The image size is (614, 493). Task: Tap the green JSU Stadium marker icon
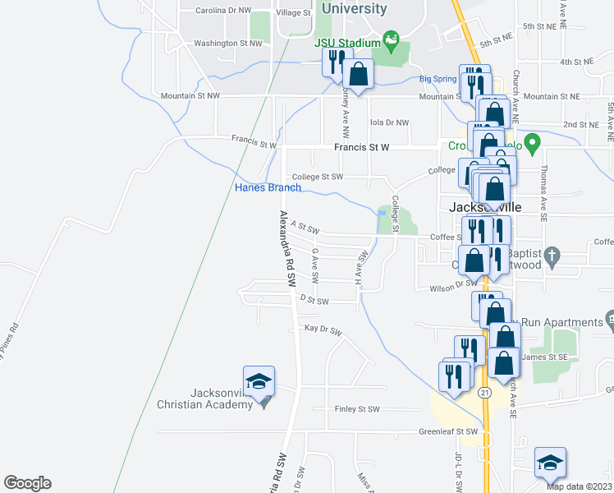[392, 39]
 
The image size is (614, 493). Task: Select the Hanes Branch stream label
[268, 187]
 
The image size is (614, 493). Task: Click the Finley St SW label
[357, 409]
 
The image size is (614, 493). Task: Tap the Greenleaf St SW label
[448, 431]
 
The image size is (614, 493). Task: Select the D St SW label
[314, 302]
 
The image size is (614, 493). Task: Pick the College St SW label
[318, 176]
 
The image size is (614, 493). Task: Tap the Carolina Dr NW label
[223, 12]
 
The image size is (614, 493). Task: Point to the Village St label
[294, 13]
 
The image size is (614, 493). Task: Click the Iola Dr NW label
[389, 122]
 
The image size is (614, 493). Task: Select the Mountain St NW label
[190, 96]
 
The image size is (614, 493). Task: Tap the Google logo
[27, 483]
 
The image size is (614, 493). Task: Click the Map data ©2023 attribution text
[578, 486]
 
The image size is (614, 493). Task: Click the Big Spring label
[438, 79]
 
